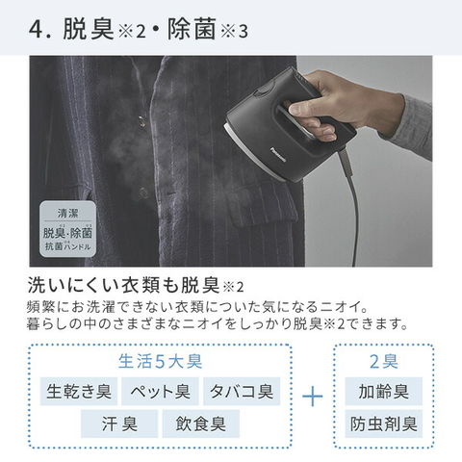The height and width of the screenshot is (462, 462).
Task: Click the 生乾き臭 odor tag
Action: click(x=79, y=391)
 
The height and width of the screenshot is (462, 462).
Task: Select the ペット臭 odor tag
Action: click(x=160, y=391)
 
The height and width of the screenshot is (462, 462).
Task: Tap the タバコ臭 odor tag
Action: click(x=242, y=391)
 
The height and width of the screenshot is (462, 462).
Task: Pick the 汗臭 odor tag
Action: click(x=119, y=423)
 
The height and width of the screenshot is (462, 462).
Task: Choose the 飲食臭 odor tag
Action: click(x=201, y=423)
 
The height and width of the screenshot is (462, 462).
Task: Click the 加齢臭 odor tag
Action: click(x=384, y=391)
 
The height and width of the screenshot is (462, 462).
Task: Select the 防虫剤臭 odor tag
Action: click(x=384, y=423)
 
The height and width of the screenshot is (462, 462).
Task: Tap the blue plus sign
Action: click(x=313, y=397)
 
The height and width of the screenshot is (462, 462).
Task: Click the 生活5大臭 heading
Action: click(x=161, y=362)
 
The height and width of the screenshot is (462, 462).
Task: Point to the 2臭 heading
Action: click(x=384, y=362)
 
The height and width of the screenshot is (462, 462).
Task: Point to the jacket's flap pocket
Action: click(x=262, y=204)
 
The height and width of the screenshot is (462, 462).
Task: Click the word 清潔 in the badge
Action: click(x=67, y=213)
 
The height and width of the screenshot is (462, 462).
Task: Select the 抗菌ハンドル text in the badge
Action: click(x=67, y=246)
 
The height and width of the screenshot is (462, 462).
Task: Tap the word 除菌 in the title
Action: click(x=192, y=29)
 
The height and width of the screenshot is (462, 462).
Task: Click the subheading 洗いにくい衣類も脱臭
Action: click(x=123, y=285)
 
